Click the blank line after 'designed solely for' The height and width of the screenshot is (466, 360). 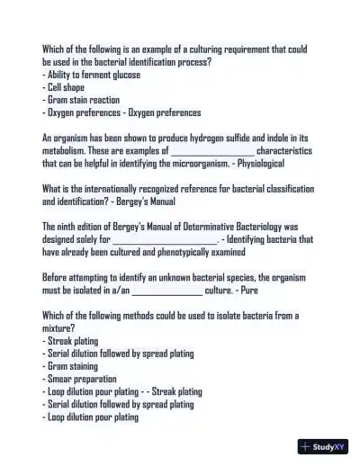tap(165, 241)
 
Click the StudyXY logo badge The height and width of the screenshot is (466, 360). tap(323, 445)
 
